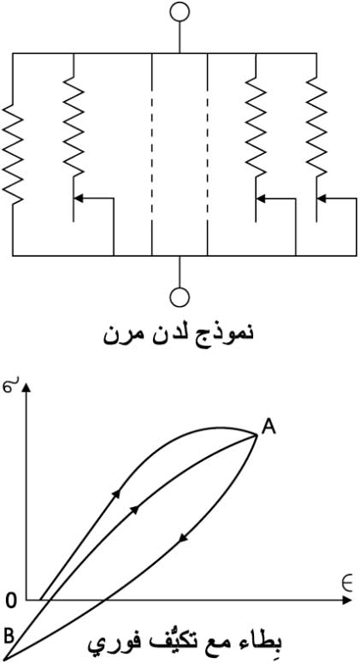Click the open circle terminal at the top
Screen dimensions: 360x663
(180, 11)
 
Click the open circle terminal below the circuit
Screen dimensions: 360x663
(180, 297)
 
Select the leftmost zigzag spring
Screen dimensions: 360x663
(13, 154)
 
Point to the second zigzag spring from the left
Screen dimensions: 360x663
(74, 127)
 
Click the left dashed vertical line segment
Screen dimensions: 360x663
(151, 154)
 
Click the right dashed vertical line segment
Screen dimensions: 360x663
(208, 154)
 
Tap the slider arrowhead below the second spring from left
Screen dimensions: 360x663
(78, 198)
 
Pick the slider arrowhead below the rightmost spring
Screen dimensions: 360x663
(322, 198)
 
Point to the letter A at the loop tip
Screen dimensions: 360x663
(269, 427)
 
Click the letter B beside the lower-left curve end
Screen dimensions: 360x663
(9, 635)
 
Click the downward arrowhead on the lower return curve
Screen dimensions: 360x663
(182, 537)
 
